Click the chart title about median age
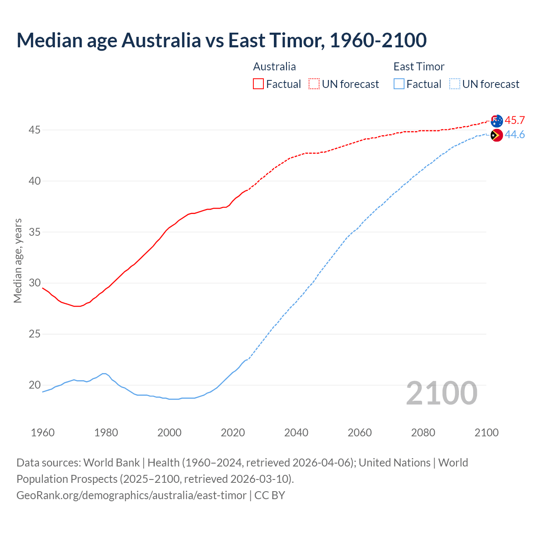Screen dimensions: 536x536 [222, 40]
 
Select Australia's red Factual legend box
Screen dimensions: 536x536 [258, 84]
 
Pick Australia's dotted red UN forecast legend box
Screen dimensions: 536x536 [314, 84]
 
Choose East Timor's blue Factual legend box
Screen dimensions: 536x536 [399, 84]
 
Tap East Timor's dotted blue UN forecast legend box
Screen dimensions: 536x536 [455, 84]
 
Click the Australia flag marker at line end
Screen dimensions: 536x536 [497, 121]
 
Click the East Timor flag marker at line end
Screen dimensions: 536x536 [497, 135]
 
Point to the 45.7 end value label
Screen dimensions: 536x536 [515, 121]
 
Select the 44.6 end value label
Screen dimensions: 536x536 [515, 135]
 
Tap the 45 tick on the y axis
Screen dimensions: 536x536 [34, 130]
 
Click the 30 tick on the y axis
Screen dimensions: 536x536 [34, 283]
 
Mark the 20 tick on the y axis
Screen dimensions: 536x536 [34, 385]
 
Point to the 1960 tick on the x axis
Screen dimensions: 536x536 [43, 433]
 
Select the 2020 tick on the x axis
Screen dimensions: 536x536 [233, 433]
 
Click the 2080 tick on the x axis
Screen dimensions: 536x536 [423, 433]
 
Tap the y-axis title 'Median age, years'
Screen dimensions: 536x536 [18, 260]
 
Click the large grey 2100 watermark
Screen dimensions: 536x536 [442, 393]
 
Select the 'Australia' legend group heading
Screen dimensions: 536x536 [274, 67]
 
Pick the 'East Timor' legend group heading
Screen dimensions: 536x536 [419, 67]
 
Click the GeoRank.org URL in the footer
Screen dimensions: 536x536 [131, 495]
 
